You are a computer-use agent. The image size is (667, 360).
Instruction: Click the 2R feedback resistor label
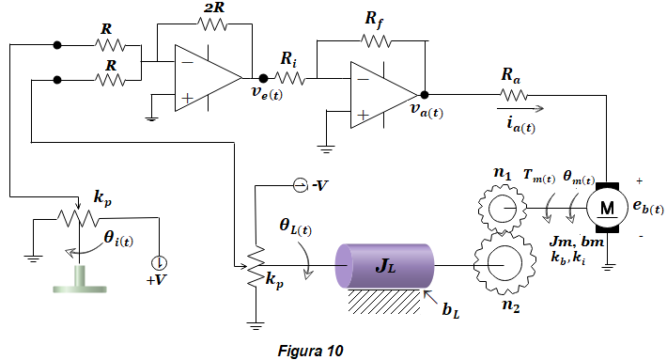tap(214, 7)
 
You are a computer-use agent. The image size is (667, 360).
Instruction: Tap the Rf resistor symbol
tap(376, 41)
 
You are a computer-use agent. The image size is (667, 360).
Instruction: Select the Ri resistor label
tap(288, 59)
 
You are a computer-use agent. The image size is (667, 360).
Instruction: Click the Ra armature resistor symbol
tap(514, 95)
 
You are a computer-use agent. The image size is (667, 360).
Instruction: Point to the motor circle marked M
tap(607, 208)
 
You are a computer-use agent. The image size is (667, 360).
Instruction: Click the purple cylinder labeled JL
tap(384, 265)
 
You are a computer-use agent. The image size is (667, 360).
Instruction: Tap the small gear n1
tap(502, 209)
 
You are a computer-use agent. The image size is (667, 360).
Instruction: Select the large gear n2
tap(504, 265)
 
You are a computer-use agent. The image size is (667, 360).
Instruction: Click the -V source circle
tap(300, 185)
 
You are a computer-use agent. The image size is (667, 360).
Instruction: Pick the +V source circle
tap(160, 262)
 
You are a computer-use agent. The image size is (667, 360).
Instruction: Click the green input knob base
tap(80, 279)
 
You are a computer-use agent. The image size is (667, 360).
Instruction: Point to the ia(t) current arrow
tap(520, 108)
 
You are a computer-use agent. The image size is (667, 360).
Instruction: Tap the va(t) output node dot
tap(424, 95)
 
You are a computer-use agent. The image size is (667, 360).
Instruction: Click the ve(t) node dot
tap(263, 78)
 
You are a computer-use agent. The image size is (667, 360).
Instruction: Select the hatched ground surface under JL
tap(384, 302)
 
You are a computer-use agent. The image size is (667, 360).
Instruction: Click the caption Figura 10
tap(310, 351)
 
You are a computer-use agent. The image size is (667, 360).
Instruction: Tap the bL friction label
tap(451, 310)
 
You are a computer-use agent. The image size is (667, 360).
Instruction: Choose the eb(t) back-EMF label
tap(648, 207)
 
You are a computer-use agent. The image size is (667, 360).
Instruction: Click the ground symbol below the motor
tap(609, 267)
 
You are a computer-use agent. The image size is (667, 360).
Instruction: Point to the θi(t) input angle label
tap(118, 239)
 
